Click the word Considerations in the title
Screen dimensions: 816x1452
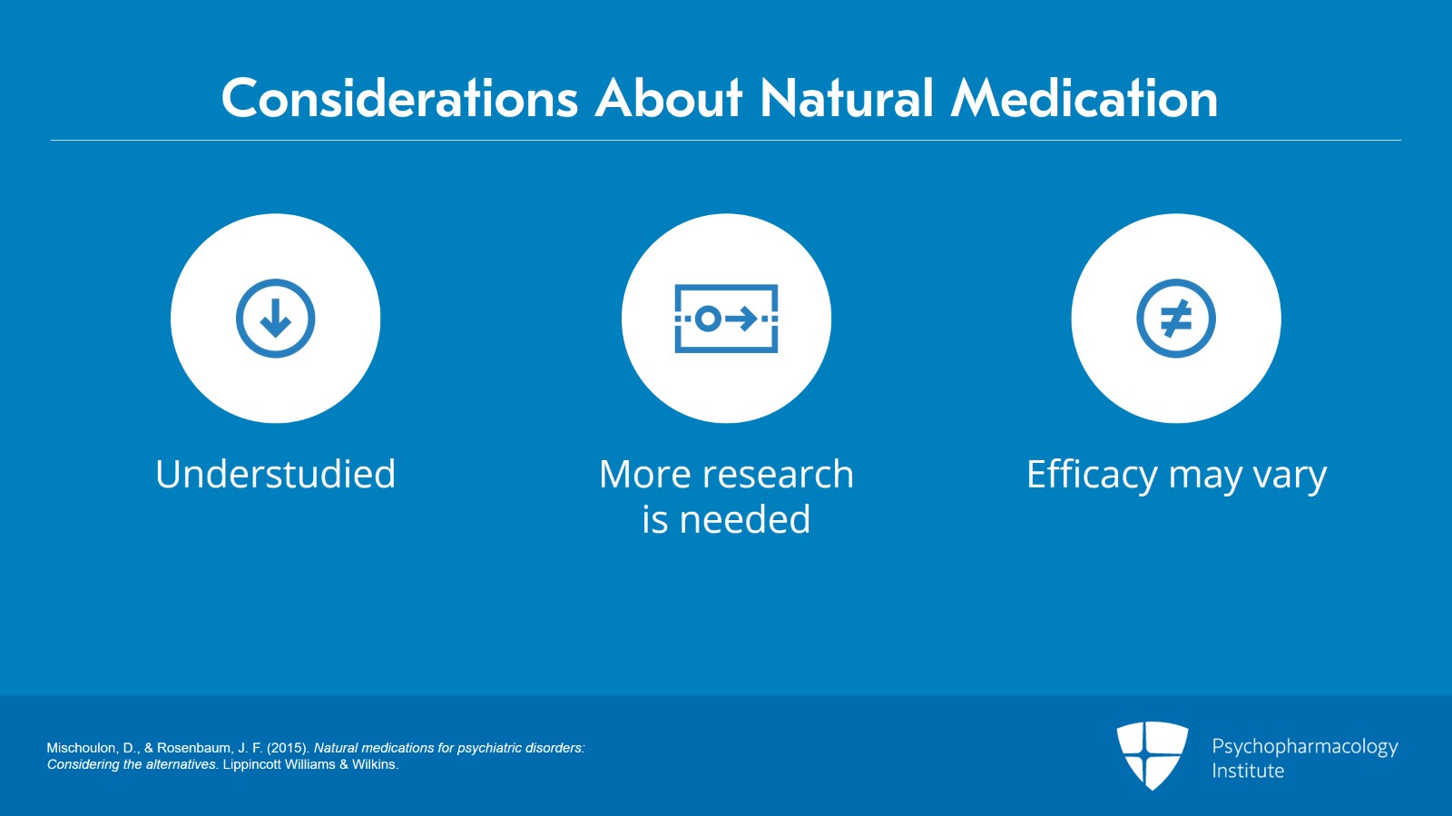(x=400, y=98)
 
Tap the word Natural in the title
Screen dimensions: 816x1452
(x=847, y=98)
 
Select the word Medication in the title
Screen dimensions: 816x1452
(x=1084, y=98)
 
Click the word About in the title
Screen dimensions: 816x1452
(x=669, y=98)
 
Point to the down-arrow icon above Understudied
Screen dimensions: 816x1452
(x=276, y=319)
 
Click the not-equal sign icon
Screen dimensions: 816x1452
(x=1176, y=319)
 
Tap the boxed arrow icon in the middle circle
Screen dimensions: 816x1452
(x=726, y=319)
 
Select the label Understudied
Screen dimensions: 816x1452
(x=276, y=474)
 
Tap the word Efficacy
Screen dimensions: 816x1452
(x=1092, y=474)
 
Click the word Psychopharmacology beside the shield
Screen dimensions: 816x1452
(x=1304, y=747)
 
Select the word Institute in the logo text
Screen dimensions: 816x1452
(x=1248, y=771)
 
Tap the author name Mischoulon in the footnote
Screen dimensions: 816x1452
(x=81, y=748)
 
